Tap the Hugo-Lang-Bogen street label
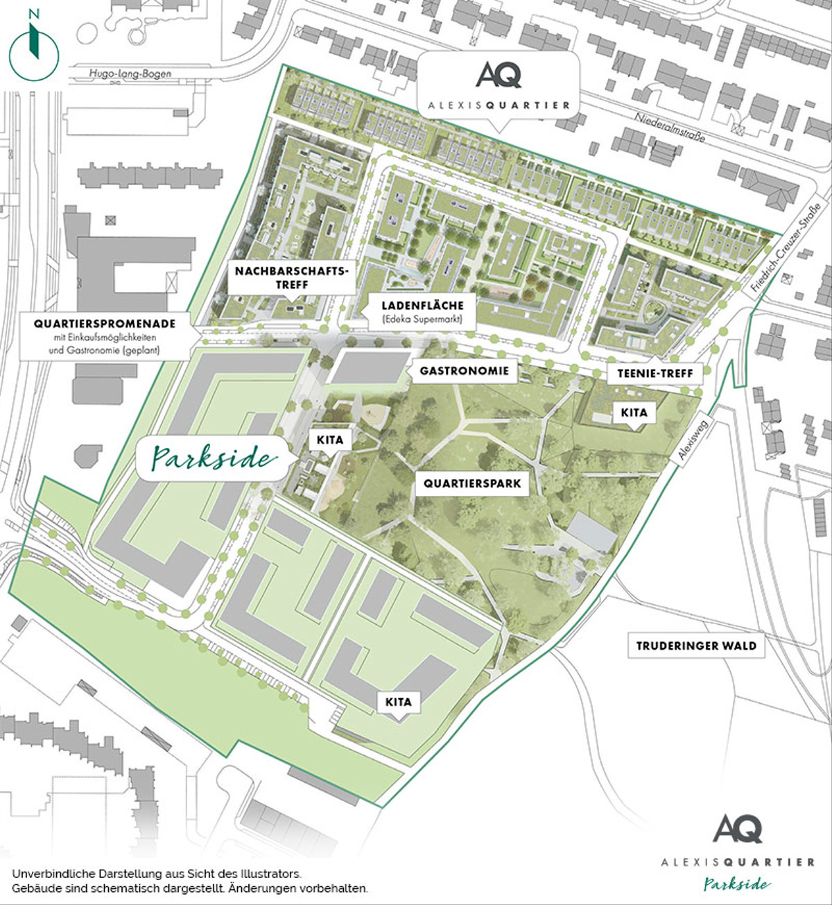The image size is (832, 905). click(x=130, y=74)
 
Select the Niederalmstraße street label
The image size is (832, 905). click(x=670, y=128)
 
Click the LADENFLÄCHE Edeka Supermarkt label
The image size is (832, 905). click(x=422, y=311)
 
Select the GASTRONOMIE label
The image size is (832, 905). click(x=464, y=371)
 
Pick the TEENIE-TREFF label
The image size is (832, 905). click(x=655, y=373)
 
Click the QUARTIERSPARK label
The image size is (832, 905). click(x=472, y=483)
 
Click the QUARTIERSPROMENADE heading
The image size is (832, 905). click(x=105, y=323)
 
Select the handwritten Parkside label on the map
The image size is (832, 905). click(x=212, y=458)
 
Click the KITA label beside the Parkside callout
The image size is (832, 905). click(x=330, y=440)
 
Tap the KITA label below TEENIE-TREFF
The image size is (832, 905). click(x=634, y=413)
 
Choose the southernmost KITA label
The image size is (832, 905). click(x=399, y=702)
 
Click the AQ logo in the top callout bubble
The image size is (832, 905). click(x=499, y=75)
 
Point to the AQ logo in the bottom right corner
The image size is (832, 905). click(x=738, y=829)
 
